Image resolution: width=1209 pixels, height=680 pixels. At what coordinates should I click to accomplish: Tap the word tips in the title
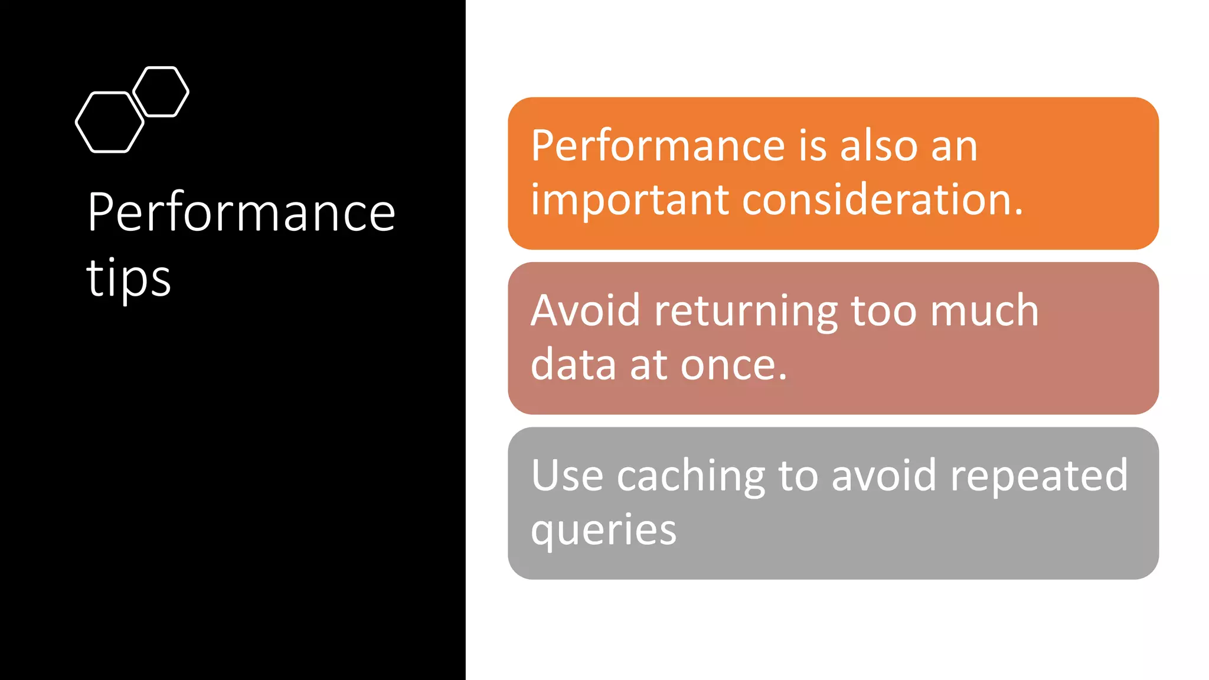pos(129,277)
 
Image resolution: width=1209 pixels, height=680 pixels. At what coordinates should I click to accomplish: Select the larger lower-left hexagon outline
pos(110,122)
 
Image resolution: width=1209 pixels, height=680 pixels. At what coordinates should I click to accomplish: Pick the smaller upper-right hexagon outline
pos(161,91)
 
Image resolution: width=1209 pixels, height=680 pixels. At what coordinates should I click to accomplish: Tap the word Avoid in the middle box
pos(585,310)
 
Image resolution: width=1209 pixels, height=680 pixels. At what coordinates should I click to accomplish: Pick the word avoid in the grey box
pos(883,475)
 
